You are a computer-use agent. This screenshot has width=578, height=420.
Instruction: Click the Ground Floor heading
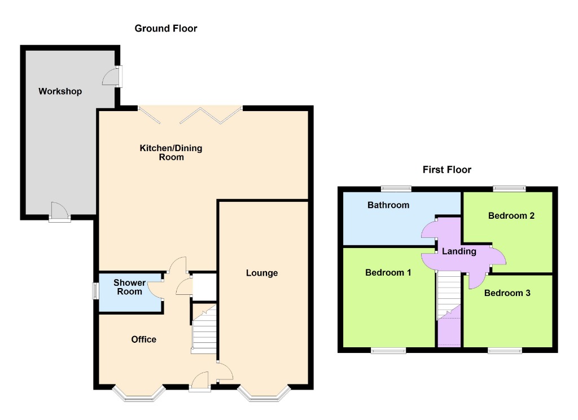pyautogui.click(x=166, y=28)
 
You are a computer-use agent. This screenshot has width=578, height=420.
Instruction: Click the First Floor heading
pyautogui.click(x=447, y=170)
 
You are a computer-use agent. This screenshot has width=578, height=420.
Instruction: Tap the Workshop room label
pyautogui.click(x=60, y=91)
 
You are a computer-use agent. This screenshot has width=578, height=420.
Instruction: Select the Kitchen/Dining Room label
pyautogui.click(x=171, y=152)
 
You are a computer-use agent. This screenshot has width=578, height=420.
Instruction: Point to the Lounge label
pyautogui.click(x=262, y=273)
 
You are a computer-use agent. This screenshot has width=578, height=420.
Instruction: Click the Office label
pyautogui.click(x=144, y=339)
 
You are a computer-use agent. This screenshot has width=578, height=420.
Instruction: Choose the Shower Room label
pyautogui.click(x=129, y=287)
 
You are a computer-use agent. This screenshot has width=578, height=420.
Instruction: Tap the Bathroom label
pyautogui.click(x=388, y=205)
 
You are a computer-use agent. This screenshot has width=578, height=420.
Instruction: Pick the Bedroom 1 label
pyautogui.click(x=388, y=273)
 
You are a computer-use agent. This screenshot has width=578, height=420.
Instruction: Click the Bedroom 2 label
pyautogui.click(x=511, y=216)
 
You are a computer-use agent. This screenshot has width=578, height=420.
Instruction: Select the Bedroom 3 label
pyautogui.click(x=507, y=293)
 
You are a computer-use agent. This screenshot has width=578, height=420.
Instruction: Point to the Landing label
pyautogui.click(x=459, y=251)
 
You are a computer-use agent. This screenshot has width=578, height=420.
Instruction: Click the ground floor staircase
pyautogui.click(x=204, y=328)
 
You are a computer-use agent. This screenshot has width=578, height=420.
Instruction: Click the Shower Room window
pyautogui.click(x=95, y=291)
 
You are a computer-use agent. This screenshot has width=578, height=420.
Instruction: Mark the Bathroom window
pyautogui.click(x=396, y=189)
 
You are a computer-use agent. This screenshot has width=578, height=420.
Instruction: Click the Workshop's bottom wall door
pyautogui.click(x=59, y=213)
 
